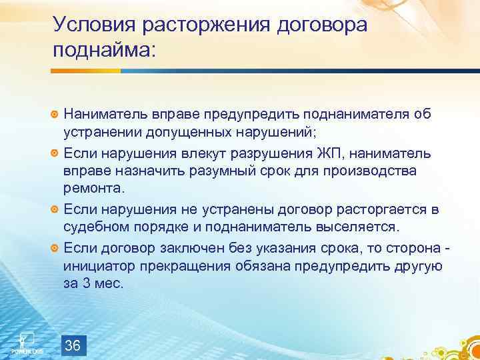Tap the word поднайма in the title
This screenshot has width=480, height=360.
[x=104, y=51]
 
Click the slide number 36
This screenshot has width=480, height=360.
[x=73, y=345]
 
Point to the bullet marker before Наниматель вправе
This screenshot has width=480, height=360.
[x=55, y=115]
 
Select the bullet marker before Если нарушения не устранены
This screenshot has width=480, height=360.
[x=55, y=210]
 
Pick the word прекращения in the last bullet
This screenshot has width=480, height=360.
[x=187, y=266]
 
